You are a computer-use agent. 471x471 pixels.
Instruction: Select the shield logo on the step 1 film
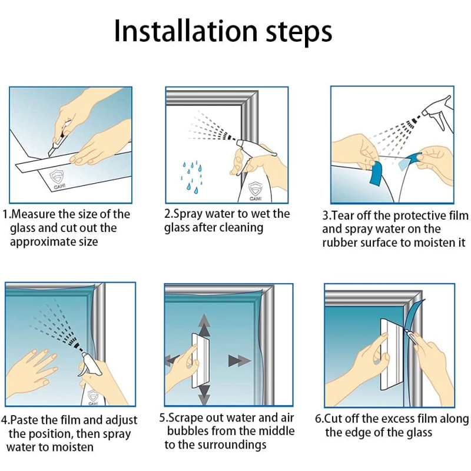[x=57, y=177]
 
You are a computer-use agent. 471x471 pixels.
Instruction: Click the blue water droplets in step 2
[x=191, y=176]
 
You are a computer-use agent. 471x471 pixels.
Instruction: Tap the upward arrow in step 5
[x=204, y=325]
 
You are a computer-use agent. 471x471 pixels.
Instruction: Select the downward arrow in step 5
[x=204, y=394]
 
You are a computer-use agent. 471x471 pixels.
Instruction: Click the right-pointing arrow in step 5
[x=240, y=360]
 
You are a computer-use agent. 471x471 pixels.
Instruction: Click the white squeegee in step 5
[x=200, y=360]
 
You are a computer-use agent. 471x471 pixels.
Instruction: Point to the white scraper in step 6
[x=390, y=354]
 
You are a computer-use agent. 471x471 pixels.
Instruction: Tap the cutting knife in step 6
[x=410, y=336]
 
